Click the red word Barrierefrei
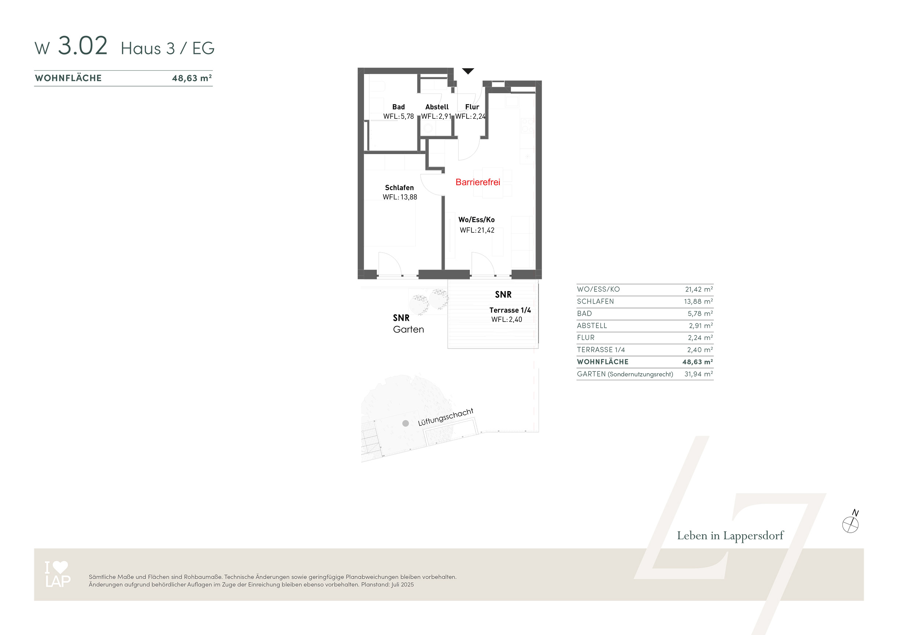478,182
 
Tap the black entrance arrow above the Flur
468,71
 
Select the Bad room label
398,107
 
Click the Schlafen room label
399,187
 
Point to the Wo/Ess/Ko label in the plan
476,220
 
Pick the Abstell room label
437,107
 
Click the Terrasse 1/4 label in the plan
510,310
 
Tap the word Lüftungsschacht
445,417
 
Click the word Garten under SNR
408,330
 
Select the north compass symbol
850,522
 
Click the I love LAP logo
58,574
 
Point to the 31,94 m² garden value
699,374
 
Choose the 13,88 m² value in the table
699,301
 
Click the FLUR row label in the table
585,338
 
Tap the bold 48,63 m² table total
698,362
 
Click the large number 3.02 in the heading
82,45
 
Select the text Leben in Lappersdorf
730,536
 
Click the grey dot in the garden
406,423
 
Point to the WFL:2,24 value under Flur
471,116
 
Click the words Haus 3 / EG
168,48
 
